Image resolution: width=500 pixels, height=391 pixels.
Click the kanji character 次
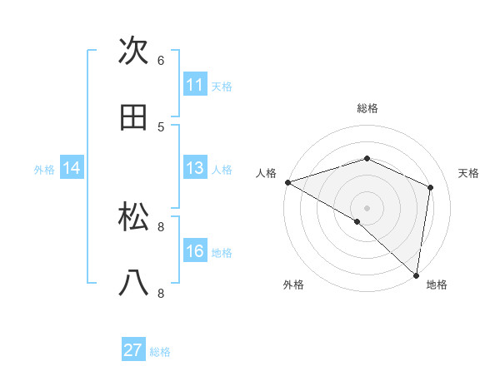pyautogui.click(x=134, y=52)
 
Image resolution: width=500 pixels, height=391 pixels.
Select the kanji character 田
pyautogui.click(x=134, y=117)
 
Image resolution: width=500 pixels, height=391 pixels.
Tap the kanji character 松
pyautogui.click(x=134, y=217)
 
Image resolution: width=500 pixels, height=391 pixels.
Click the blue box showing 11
pyautogui.click(x=195, y=85)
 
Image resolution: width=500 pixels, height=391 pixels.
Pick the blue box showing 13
pyautogui.click(x=195, y=168)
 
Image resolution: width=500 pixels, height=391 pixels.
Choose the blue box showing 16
pyautogui.click(x=195, y=251)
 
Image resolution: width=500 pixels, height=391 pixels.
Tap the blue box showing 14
pyautogui.click(x=72, y=168)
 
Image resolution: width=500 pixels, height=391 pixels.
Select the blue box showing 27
pyautogui.click(x=133, y=350)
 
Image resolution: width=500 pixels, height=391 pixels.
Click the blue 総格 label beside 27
pyautogui.click(x=160, y=352)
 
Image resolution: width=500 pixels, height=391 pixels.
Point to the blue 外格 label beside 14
pyautogui.click(x=44, y=170)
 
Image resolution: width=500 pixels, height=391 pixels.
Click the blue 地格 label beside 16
pyautogui.click(x=222, y=253)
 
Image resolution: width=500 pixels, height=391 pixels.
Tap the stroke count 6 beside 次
pyautogui.click(x=161, y=61)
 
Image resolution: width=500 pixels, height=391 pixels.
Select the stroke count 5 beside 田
pyautogui.click(x=161, y=126)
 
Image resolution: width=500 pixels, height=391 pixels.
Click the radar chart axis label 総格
pyautogui.click(x=367, y=108)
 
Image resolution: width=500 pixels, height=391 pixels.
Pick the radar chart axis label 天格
pyautogui.click(x=469, y=173)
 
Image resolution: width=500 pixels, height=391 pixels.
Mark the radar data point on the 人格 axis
pyautogui.click(x=287, y=182)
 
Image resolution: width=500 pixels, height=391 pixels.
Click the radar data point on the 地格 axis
pyautogui.click(x=417, y=275)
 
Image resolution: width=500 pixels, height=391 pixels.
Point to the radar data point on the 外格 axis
pyautogui.click(x=357, y=221)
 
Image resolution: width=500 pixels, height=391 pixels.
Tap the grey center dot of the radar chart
pyautogui.click(x=367, y=207)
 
